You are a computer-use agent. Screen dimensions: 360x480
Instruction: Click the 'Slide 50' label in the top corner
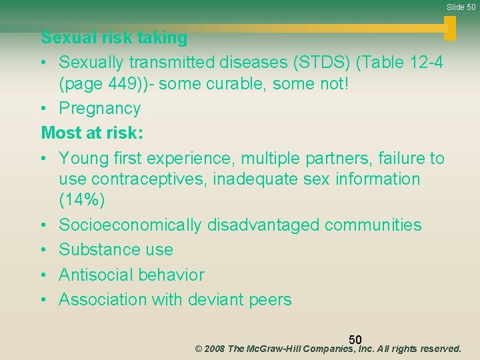point(461,7)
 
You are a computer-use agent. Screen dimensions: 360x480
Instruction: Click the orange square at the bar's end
point(450,28)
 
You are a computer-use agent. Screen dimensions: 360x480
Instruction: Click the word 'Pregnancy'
point(99,109)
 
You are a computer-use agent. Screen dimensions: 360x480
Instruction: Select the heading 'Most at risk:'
point(92,133)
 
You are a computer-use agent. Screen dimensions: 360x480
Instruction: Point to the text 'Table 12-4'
point(403,62)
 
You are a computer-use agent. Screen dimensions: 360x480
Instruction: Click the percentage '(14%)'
point(82,199)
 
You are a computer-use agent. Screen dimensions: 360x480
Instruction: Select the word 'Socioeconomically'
point(130,225)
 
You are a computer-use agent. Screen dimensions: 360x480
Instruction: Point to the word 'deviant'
point(217,300)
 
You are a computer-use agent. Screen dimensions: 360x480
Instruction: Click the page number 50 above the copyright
point(355,341)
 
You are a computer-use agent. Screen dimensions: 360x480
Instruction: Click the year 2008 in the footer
point(213,349)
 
